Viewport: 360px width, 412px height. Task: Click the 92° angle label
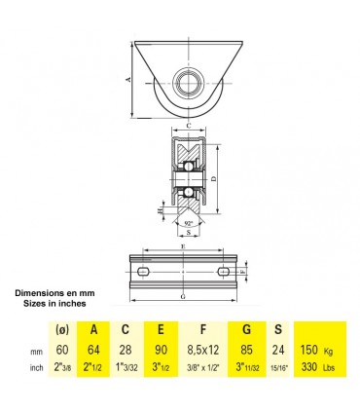pos(185,225)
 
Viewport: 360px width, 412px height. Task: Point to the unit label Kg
pos(329,351)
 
